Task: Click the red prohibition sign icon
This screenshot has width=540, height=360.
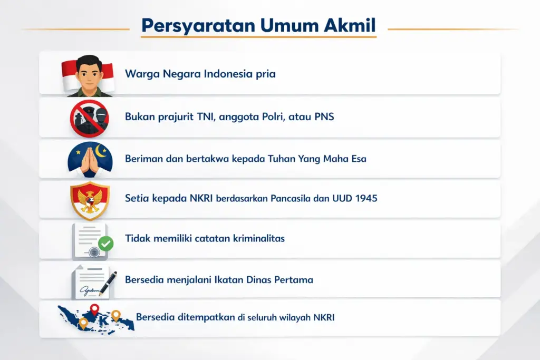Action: pos(89,116)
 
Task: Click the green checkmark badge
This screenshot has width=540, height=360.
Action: pos(106,244)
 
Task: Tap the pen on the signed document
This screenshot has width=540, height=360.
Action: pos(108,280)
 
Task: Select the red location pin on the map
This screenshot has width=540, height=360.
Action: pos(94,309)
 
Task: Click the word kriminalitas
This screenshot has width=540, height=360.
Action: pos(257,238)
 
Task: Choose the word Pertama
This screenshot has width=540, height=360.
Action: pos(294,279)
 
